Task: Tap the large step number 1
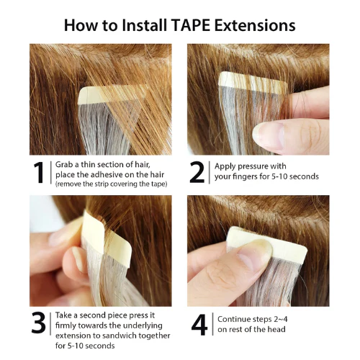point(41,174)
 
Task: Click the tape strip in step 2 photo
point(251,79)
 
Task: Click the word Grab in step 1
point(66,165)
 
